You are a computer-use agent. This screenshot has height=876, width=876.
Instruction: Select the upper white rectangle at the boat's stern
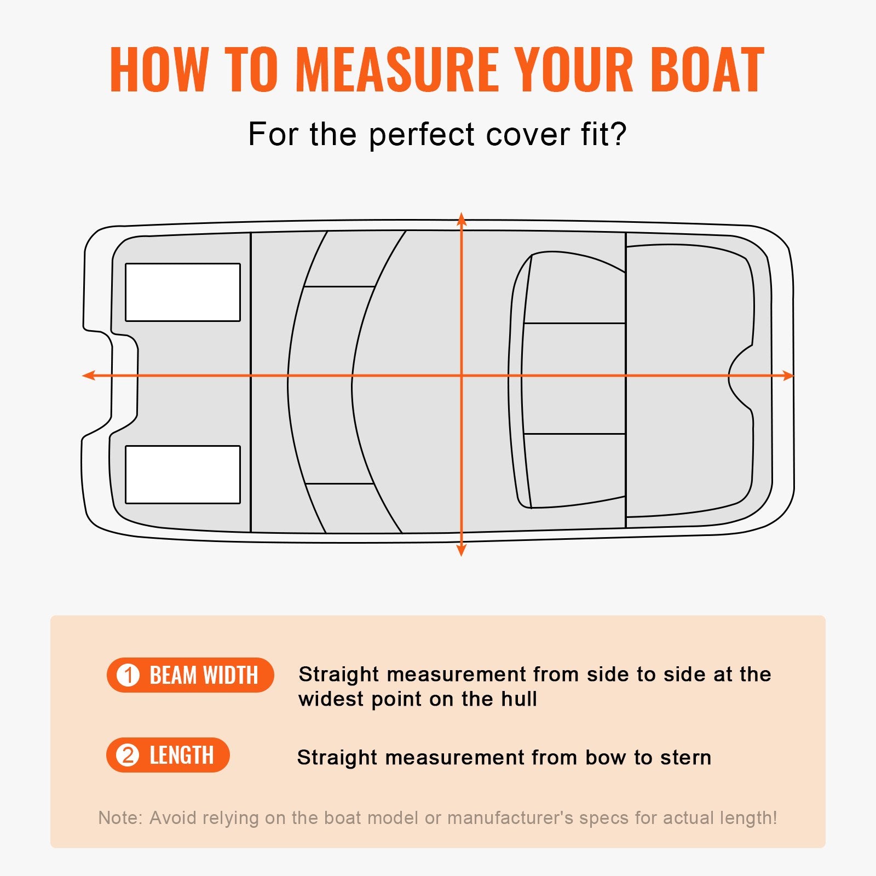pos(183,292)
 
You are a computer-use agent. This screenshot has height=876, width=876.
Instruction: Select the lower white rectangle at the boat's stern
pos(183,475)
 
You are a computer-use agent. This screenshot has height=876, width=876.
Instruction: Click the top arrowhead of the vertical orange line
pos(462,219)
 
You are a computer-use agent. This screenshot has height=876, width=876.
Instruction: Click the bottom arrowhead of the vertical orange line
pos(462,550)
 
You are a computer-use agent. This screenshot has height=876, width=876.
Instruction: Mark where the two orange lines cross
pos(462,376)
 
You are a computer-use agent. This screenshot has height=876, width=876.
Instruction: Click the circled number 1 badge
pos(129,675)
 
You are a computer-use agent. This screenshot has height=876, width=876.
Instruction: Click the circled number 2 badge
pos(128,756)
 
